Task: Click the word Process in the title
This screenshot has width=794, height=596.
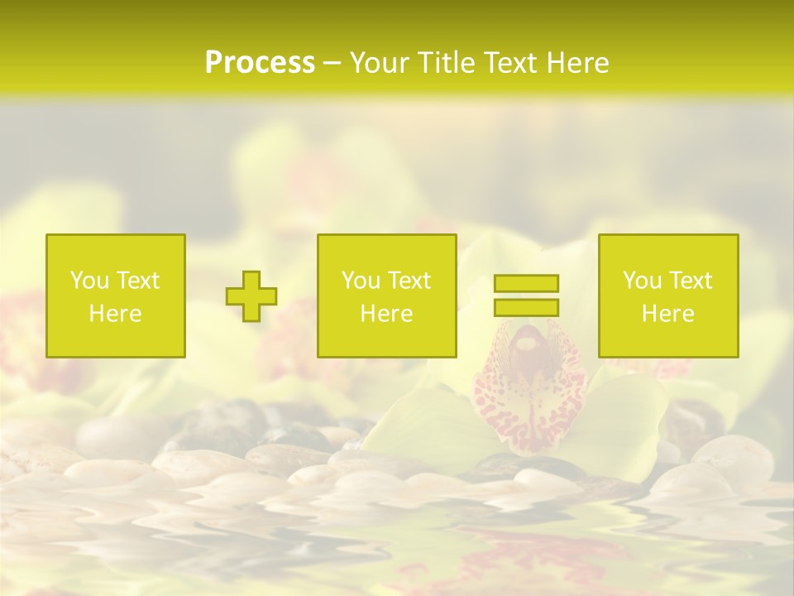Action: coord(260,63)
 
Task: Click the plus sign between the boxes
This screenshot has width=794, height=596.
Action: coord(251,296)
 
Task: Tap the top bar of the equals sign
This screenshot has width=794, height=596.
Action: coord(526,283)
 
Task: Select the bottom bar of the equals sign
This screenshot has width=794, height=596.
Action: coord(526,307)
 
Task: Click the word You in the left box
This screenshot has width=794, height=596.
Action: coord(89,281)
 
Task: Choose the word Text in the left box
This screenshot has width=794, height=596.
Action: coord(137,281)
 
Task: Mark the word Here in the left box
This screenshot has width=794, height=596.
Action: coord(115,314)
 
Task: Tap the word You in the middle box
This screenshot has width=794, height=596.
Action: coord(361,281)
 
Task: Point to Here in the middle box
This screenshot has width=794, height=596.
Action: coord(386,314)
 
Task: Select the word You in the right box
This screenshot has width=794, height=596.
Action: coord(642,281)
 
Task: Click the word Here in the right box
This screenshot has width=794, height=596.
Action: coord(667,314)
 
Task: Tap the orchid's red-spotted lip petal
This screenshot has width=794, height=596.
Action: coord(529,406)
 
